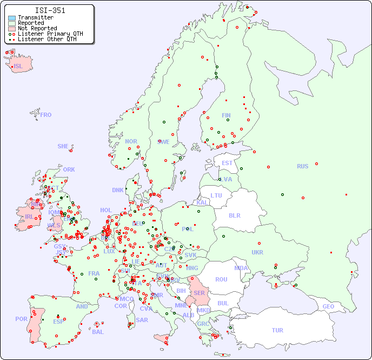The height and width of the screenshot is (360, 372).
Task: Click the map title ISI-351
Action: tap(50, 10)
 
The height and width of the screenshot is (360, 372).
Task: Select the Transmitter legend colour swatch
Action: tap(12, 18)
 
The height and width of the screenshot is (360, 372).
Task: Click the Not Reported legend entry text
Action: tap(37, 28)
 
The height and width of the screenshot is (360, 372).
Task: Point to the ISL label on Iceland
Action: tap(18, 67)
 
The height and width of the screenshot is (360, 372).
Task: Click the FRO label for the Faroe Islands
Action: tap(46, 115)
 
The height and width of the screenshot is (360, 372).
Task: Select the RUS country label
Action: tap(302, 166)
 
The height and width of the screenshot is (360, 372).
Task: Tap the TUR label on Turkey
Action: tap(277, 330)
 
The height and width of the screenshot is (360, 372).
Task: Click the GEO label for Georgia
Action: tap(328, 306)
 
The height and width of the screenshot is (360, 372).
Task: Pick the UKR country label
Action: tap(257, 252)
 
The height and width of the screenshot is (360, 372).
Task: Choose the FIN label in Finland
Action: tap(226, 115)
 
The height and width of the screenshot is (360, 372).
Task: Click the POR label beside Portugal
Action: tap(21, 319)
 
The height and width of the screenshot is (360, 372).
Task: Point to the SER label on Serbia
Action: tap(199, 293)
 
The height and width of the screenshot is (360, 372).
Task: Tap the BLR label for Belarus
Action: tap(235, 215)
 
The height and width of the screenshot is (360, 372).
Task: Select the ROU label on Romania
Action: tap(221, 279)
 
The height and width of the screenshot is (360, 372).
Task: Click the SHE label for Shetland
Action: tap(63, 146)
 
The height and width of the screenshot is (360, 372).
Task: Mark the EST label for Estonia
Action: tap(227, 163)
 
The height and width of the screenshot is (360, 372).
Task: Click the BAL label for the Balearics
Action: tap(97, 332)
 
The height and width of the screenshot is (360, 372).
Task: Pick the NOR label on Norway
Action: tap(131, 141)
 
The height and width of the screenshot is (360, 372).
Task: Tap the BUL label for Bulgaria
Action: tap(223, 303)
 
